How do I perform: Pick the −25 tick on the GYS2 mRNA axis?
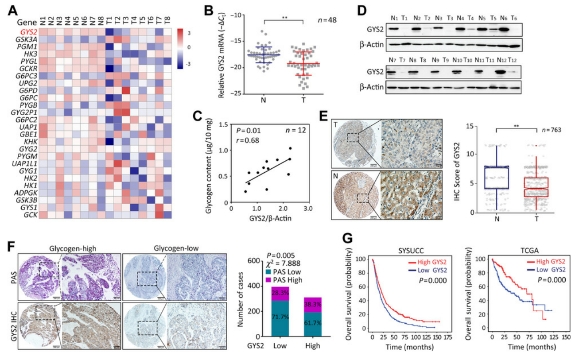(237, 93)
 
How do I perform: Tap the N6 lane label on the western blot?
(503, 18)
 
